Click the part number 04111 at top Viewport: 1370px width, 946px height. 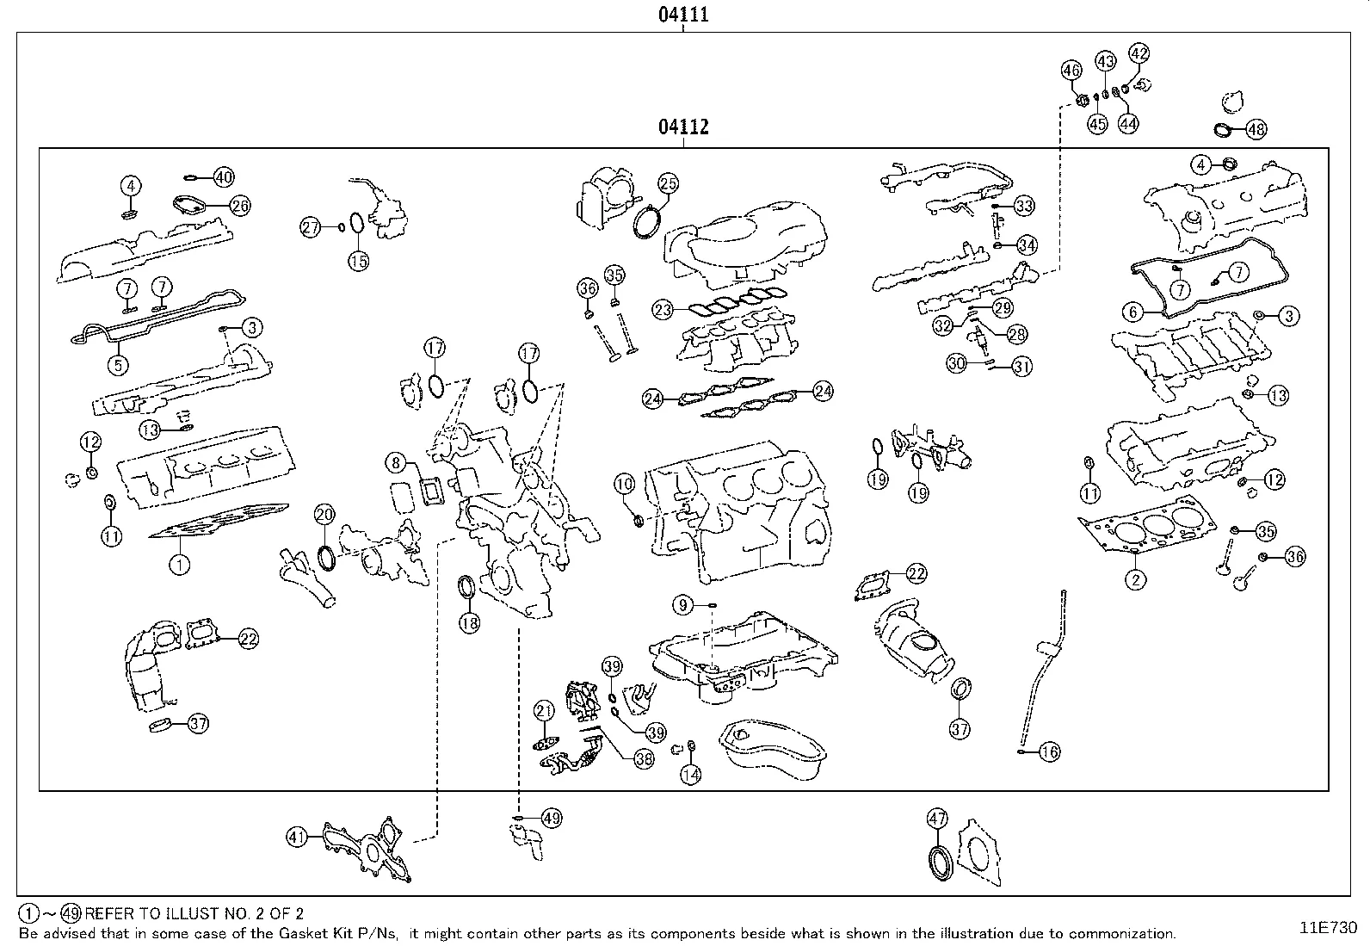click(x=683, y=15)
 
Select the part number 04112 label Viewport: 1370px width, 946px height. click(x=683, y=127)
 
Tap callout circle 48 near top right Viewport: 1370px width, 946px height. click(x=1256, y=130)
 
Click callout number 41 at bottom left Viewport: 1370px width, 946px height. click(x=297, y=836)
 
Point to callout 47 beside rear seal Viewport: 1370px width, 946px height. click(x=937, y=819)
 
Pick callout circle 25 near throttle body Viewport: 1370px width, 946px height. click(x=669, y=182)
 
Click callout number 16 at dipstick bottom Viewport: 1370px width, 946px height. click(x=1049, y=752)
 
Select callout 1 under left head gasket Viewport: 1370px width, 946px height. click(x=179, y=566)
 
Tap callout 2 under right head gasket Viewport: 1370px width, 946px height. click(x=1135, y=579)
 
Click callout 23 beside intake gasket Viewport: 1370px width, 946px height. click(x=662, y=310)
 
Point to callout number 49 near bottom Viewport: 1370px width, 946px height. click(x=551, y=818)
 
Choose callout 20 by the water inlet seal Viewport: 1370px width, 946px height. click(x=324, y=515)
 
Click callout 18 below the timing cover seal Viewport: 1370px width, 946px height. click(x=469, y=624)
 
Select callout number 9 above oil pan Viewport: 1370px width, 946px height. click(x=683, y=606)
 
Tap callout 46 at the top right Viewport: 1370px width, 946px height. click(x=1071, y=70)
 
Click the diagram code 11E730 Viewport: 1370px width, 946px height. click(x=1328, y=928)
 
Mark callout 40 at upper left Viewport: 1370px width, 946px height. click(x=223, y=178)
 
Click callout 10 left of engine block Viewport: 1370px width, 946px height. click(x=625, y=485)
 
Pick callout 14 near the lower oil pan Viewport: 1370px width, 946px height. click(x=690, y=775)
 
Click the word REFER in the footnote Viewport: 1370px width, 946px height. click(x=108, y=914)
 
